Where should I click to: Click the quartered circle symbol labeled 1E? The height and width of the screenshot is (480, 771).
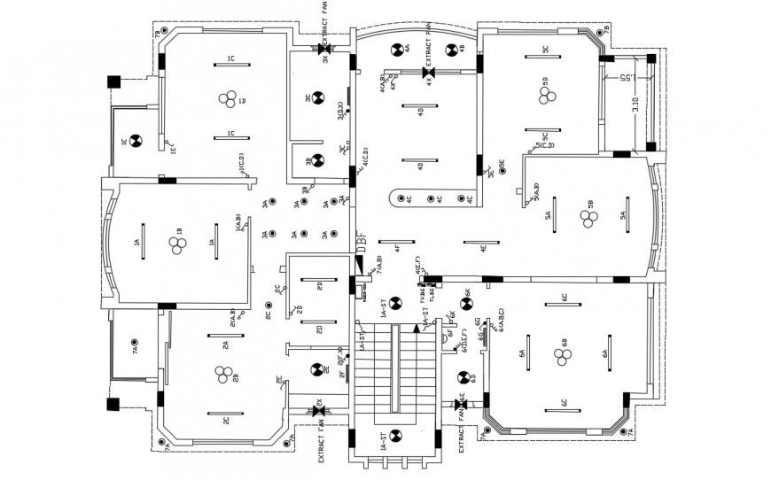[136, 140]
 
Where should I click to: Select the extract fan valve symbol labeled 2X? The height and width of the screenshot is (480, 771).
[319, 410]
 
